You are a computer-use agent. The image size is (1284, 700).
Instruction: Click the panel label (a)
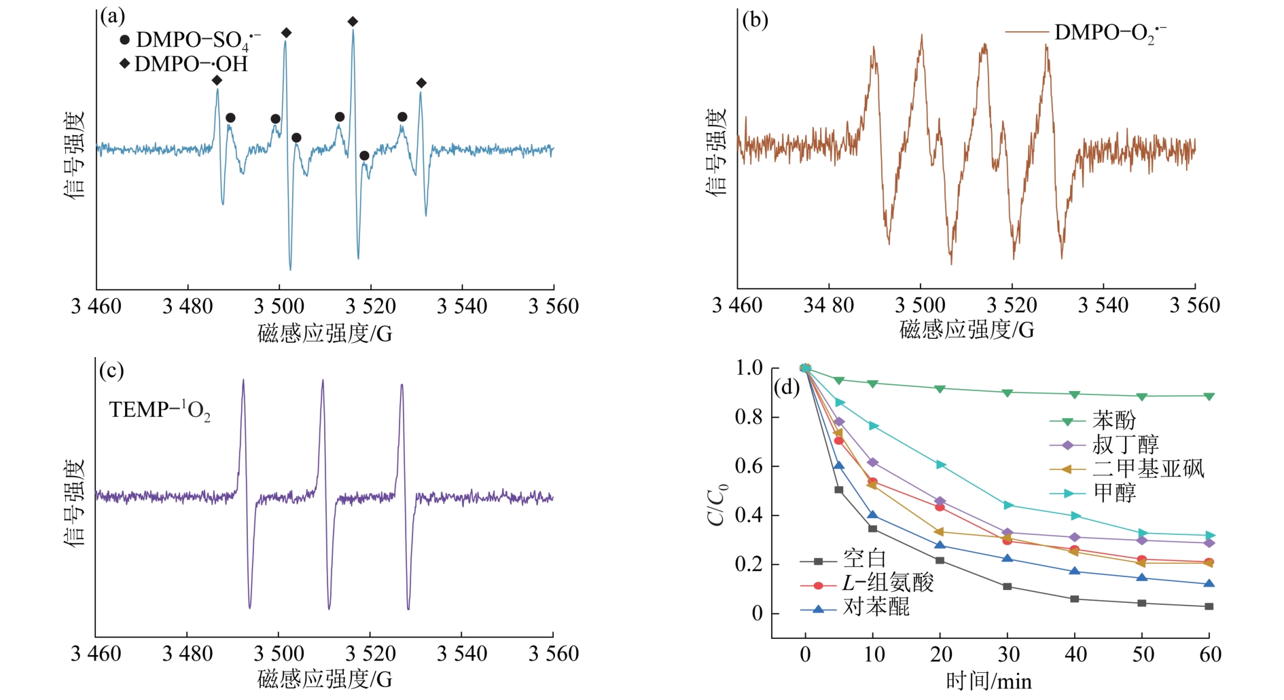coord(113,16)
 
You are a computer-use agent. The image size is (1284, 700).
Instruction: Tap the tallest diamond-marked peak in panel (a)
coord(353,22)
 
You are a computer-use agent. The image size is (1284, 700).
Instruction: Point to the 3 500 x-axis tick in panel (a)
coord(279,306)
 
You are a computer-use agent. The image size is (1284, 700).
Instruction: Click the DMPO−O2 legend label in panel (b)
coord(1109,33)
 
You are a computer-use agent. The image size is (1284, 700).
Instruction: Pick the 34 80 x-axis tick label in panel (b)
coord(829,306)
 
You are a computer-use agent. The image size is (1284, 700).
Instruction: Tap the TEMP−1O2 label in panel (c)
coord(160,410)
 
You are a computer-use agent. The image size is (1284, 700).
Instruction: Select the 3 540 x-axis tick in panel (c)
coord(462,654)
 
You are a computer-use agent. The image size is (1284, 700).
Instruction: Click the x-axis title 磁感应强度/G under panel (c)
coord(325,679)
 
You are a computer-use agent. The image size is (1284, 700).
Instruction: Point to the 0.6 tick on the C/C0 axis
coord(749,466)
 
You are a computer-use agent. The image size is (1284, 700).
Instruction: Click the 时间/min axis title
coord(989,681)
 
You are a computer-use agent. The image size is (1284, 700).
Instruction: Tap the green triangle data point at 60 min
coord(1209,397)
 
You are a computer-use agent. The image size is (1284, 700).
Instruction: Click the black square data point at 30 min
coord(1007,587)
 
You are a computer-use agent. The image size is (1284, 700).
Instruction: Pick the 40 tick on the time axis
coord(1075,655)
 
